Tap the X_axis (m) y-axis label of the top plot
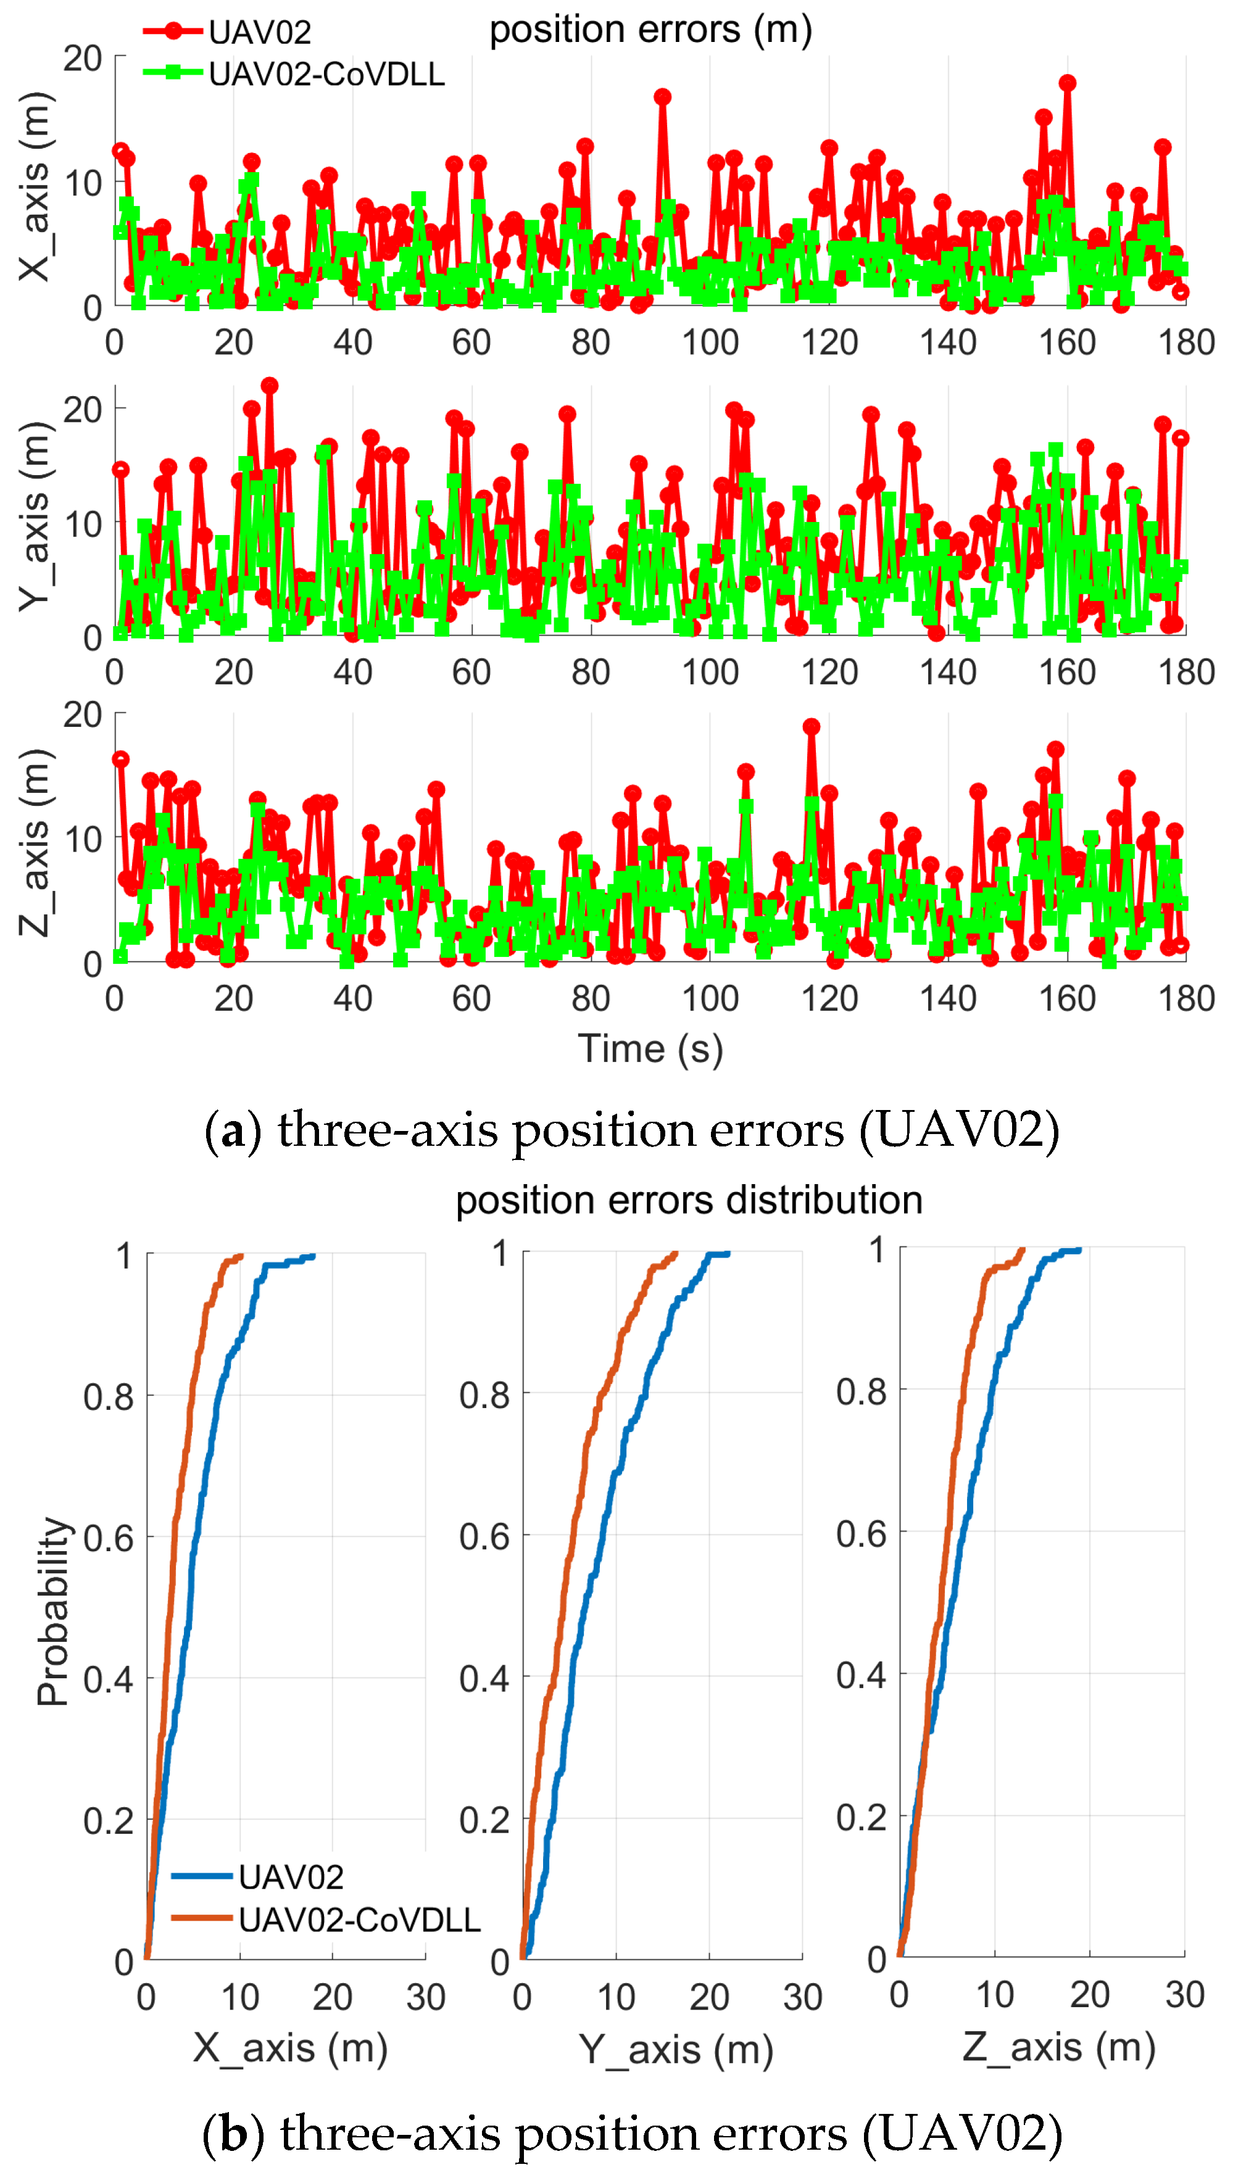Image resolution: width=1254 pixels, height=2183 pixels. [36, 185]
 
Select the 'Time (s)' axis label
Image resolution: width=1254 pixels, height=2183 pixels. [650, 1048]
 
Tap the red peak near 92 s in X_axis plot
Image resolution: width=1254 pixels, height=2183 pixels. [662, 96]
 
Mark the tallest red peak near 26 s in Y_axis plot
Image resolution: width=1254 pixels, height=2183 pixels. [270, 385]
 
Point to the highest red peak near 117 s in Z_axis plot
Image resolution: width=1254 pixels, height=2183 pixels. [812, 726]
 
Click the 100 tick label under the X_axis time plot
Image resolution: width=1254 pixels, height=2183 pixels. [710, 342]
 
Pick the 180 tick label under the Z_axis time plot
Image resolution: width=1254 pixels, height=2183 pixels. [1186, 999]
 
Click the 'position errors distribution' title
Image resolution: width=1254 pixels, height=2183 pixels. [689, 1199]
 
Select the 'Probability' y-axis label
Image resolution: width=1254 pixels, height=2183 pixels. [54, 1610]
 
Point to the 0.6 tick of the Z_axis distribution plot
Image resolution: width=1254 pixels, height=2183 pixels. [862, 1534]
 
